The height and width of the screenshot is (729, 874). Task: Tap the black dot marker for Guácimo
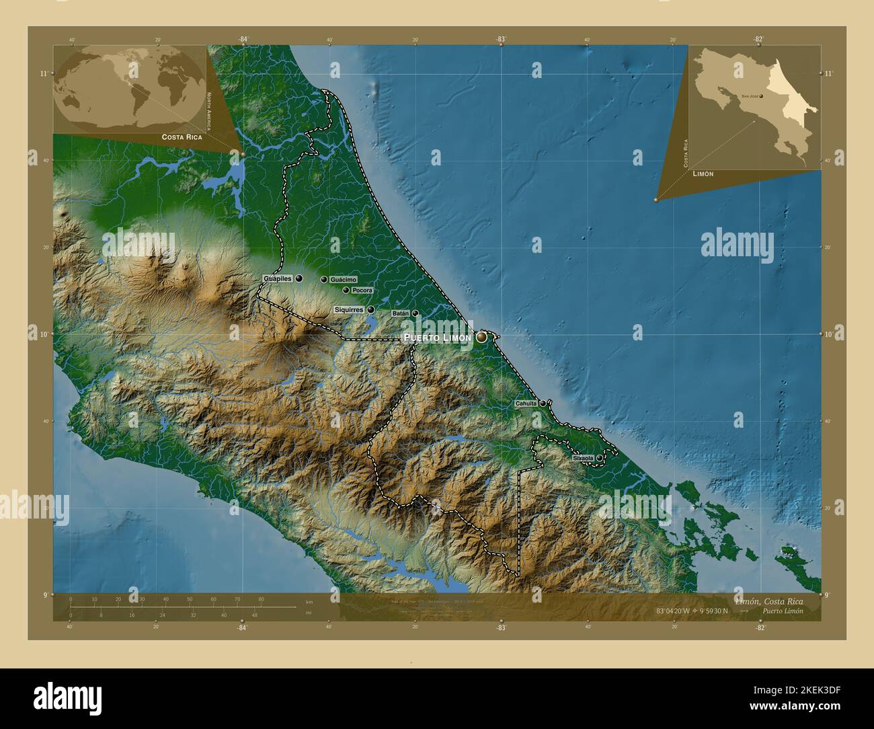coord(323,279)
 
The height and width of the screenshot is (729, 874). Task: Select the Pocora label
coord(362,291)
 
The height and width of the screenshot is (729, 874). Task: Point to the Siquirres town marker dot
coord(370,310)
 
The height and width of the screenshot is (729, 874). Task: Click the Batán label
coord(400,313)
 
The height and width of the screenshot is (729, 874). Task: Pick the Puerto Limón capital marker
coord(481,337)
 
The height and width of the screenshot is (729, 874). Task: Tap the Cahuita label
coord(526,404)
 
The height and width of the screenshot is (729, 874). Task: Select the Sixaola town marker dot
coord(599,458)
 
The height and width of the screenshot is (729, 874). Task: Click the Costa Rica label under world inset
coord(182,137)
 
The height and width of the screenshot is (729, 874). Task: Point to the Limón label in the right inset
coord(703,174)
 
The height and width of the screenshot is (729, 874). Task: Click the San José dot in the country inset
coord(760,95)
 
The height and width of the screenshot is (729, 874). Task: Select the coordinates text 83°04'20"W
coord(680,611)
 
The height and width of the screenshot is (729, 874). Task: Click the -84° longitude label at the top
coord(243,40)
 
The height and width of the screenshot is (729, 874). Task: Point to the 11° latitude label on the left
coord(43,73)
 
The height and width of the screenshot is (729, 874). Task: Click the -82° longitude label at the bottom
coord(760,627)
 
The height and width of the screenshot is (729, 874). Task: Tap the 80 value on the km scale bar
coord(261,599)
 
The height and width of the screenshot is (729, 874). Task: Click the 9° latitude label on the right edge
coord(827,595)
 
